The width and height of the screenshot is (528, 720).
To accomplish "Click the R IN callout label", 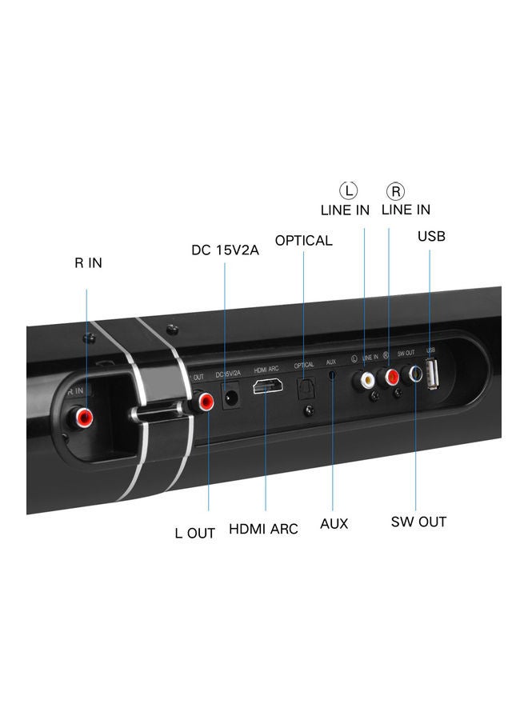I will [88, 262].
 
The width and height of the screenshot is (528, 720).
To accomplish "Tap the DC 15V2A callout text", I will [225, 250].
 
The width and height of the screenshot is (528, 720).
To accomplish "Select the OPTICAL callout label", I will [303, 240].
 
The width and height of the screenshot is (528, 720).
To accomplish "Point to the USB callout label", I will [431, 236].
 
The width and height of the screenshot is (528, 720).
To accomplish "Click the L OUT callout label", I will [194, 533].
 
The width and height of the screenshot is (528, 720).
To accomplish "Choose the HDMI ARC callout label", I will [263, 529].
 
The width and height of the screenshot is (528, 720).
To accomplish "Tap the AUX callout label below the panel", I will [334, 523].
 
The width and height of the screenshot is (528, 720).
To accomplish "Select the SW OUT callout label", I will [418, 522].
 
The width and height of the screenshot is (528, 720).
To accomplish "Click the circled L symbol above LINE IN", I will [349, 190].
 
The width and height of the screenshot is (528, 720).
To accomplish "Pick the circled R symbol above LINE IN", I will [395, 190].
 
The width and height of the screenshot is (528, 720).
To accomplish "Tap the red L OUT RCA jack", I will [207, 401].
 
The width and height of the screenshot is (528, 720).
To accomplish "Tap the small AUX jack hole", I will [334, 376].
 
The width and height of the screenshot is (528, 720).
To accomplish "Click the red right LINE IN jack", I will [392, 374].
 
